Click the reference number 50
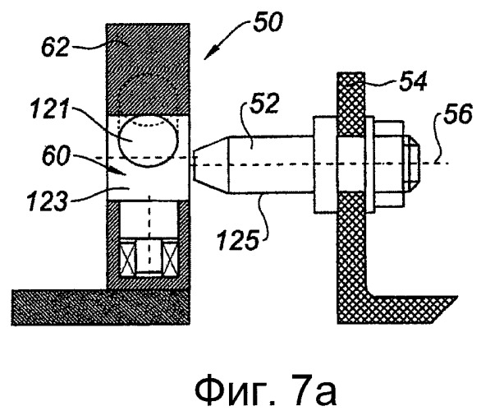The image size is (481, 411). pyautogui.click(x=268, y=23)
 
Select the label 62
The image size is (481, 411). pyautogui.click(x=55, y=47)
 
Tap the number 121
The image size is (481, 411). pyautogui.click(x=50, y=109)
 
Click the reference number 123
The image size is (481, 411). pyautogui.click(x=47, y=201)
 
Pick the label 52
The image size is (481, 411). pyautogui.click(x=264, y=104)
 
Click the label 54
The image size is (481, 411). pyautogui.click(x=413, y=81)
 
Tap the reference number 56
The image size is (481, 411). pyautogui.click(x=458, y=113)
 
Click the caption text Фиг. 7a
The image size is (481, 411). pyautogui.click(x=266, y=390)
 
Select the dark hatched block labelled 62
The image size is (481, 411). pyautogui.click(x=148, y=70)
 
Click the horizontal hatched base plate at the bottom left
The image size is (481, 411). pyautogui.click(x=100, y=307)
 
